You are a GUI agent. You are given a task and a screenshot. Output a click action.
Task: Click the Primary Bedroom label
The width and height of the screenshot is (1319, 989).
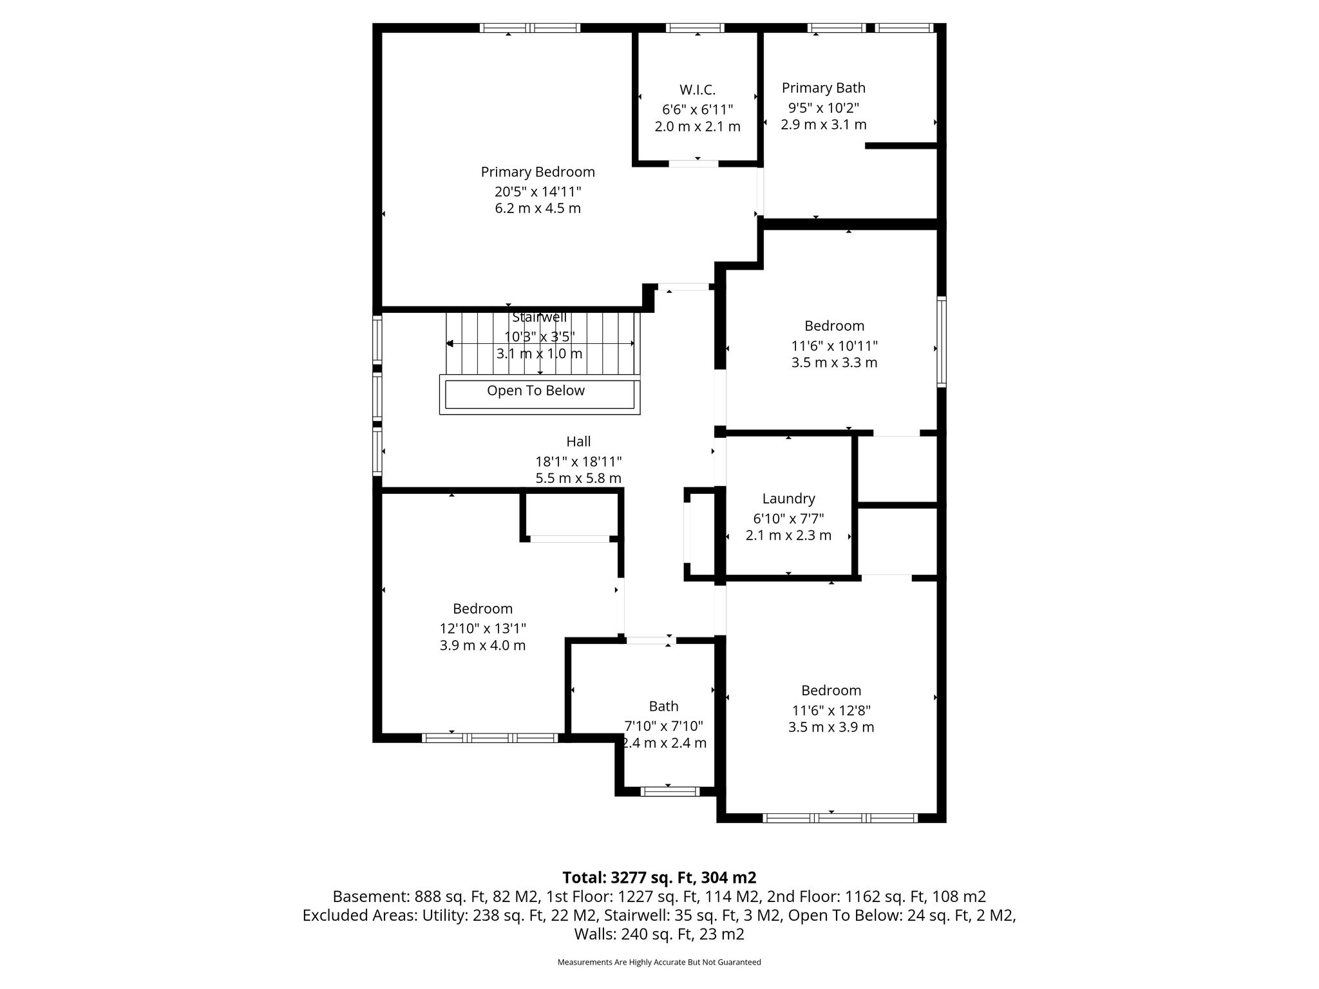[x=538, y=172]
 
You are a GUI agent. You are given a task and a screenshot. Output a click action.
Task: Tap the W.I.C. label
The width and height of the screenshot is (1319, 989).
[x=697, y=89]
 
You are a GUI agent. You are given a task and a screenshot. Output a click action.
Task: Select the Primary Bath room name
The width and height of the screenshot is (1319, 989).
[x=824, y=88]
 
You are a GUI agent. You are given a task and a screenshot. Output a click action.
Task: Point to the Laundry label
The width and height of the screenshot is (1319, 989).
[x=788, y=498]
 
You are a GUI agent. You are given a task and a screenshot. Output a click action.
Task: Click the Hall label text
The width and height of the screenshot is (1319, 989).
[x=578, y=442]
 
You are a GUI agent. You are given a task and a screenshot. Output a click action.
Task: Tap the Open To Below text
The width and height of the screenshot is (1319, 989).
[x=536, y=391]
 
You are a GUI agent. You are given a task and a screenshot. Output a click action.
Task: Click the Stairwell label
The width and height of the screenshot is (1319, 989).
[x=540, y=317]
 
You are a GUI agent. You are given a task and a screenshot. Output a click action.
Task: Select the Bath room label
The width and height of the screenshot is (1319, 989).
[x=663, y=706]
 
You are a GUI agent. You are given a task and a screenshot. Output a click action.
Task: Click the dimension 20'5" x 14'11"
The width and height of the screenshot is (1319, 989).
[x=538, y=191]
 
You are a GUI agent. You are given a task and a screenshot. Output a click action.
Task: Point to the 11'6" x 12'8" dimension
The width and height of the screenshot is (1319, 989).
[x=831, y=711]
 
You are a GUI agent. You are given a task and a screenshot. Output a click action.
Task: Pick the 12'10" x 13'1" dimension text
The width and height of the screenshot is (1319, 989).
[x=483, y=628]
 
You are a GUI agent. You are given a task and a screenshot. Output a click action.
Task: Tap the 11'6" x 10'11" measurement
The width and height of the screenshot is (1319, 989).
[x=835, y=346]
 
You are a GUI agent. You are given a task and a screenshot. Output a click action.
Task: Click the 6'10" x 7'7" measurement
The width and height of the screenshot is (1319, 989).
[x=788, y=518]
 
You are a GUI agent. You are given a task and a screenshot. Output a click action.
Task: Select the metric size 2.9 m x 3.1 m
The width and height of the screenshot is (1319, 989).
[x=824, y=125]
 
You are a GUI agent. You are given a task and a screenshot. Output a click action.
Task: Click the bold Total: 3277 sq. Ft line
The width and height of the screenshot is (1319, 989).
[x=659, y=878]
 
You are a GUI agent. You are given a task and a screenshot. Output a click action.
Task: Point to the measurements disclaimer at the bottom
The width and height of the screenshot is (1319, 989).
[x=659, y=962]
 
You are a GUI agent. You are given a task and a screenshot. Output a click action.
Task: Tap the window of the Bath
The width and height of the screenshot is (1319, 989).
[x=669, y=791]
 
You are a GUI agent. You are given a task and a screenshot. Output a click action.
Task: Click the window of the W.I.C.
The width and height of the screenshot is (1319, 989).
[x=695, y=28]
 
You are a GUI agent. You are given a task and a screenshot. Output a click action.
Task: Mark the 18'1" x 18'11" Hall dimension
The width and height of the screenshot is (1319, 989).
[x=578, y=462]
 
